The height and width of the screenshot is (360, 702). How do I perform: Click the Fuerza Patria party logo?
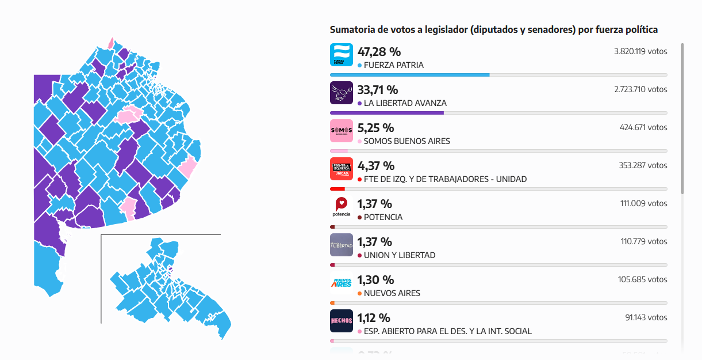tap(342, 55)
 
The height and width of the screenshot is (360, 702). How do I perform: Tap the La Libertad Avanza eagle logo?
tap(342, 93)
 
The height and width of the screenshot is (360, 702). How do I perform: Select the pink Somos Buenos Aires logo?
tap(342, 131)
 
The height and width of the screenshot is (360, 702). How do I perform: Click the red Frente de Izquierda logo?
tap(342, 169)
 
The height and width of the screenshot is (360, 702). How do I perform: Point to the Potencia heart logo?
tap(342, 207)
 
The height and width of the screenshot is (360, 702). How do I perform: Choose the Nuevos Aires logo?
tap(342, 283)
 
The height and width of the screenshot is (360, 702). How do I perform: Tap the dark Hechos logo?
tap(342, 321)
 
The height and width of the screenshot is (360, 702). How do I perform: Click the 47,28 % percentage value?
tap(379, 52)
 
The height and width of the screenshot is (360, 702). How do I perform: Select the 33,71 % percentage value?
tap(378, 90)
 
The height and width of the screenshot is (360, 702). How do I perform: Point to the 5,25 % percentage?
tap(375, 128)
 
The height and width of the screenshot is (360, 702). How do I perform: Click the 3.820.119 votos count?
tap(640, 51)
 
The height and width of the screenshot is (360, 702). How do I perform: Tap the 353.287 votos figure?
tap(643, 165)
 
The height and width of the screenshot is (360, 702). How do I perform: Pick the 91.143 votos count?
tap(646, 317)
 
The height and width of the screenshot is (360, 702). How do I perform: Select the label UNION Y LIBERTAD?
tap(400, 255)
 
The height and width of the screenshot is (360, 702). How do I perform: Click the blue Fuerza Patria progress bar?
tap(409, 75)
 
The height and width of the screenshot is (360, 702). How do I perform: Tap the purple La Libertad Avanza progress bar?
tap(387, 113)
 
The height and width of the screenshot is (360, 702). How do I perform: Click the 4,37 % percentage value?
tap(376, 166)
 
